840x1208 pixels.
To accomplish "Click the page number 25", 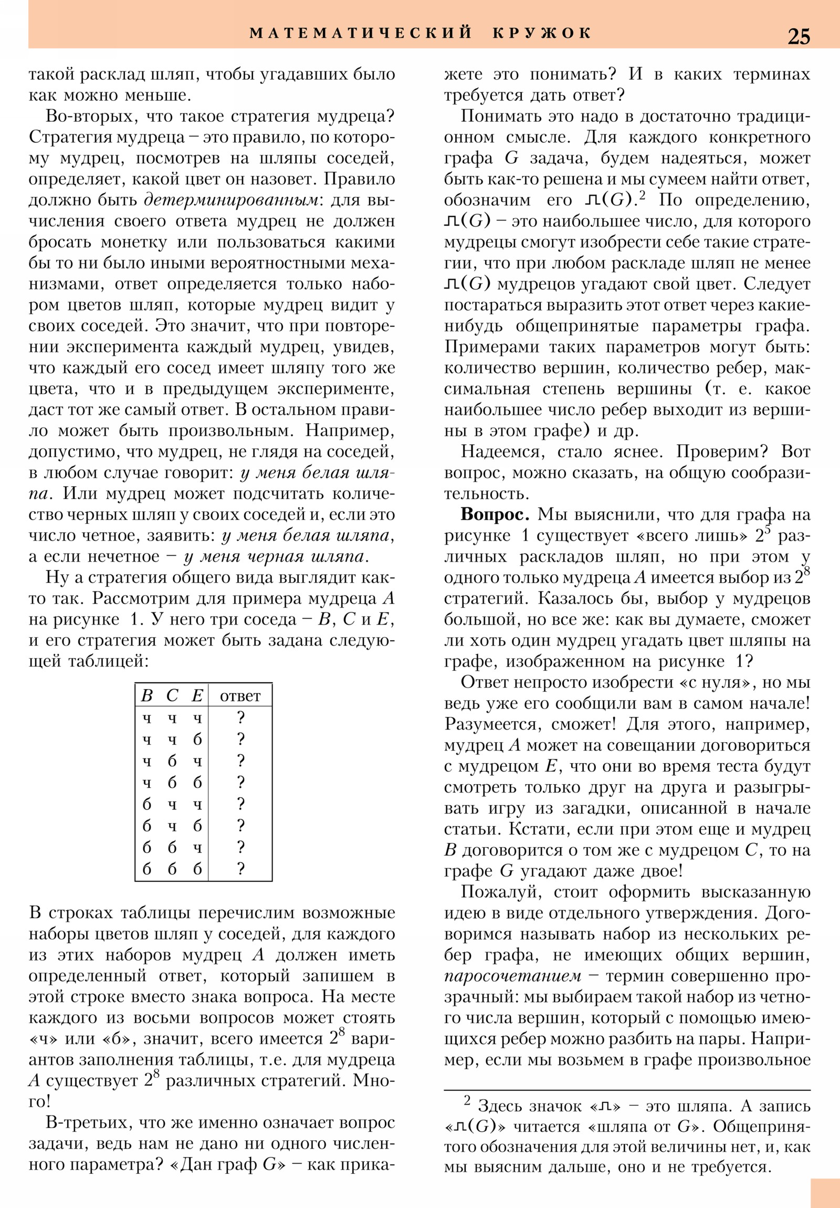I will tap(799, 36).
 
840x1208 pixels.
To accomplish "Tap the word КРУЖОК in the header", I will tap(542, 33).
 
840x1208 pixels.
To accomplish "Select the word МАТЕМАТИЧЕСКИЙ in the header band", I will tap(361, 33).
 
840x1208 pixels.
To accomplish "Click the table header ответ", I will tap(240, 696).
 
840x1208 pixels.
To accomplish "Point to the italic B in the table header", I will tap(147, 695).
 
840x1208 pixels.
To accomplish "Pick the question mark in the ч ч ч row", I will tap(240, 717).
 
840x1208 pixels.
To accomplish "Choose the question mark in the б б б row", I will tap(240, 869).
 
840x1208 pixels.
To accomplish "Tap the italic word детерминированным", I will tap(231, 201).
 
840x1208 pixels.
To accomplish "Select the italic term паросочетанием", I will tap(512, 976).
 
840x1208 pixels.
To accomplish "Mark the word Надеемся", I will tap(500, 452).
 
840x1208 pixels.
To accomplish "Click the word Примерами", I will tap(485, 347).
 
